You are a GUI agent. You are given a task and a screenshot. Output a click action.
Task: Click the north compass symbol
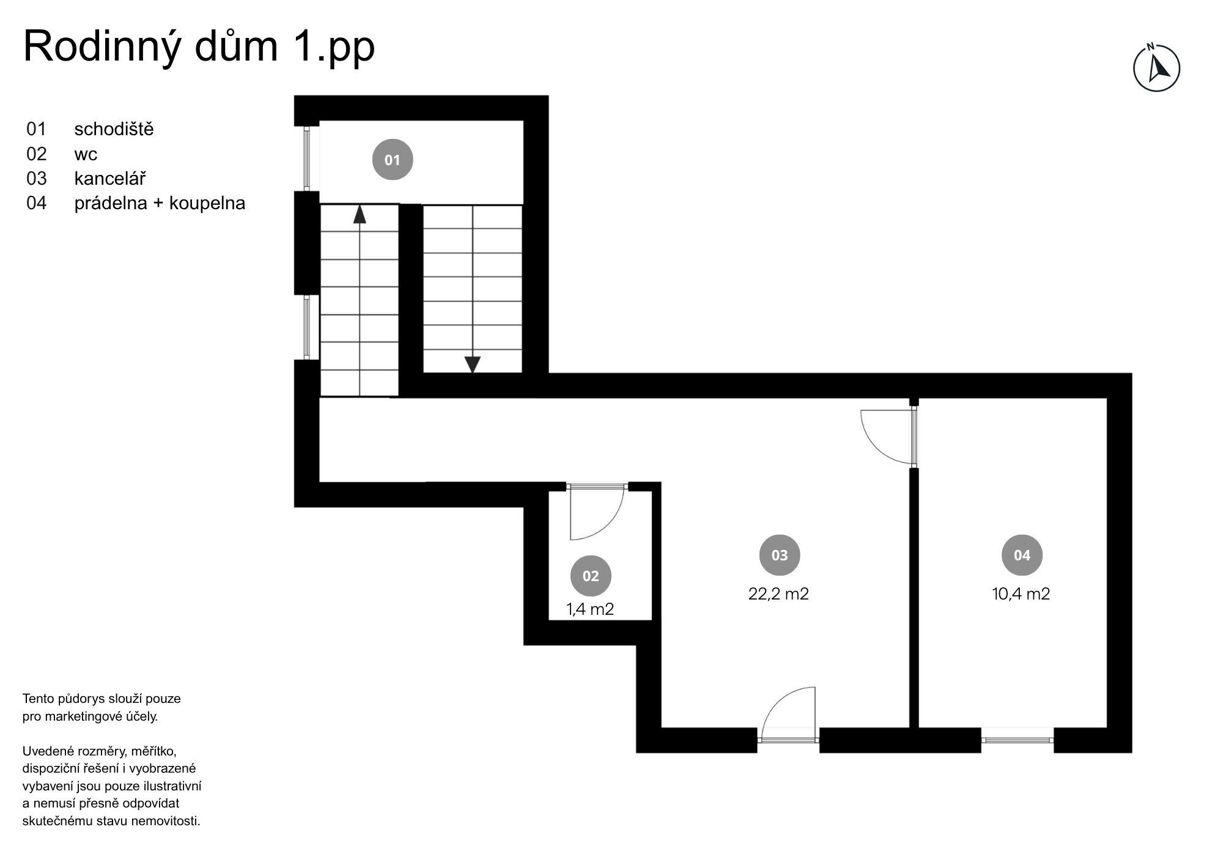tap(1156, 67)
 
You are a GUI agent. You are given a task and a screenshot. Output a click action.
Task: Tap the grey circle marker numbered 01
tap(393, 160)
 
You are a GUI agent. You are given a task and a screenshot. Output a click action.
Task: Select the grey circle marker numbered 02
tap(591, 576)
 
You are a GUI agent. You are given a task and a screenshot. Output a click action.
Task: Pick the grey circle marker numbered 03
tap(780, 555)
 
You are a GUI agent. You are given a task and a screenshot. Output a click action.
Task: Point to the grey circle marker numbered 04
tap(1022, 555)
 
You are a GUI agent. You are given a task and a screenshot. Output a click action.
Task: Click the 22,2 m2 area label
tap(778, 594)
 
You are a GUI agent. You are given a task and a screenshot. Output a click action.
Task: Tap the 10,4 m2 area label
tap(1021, 594)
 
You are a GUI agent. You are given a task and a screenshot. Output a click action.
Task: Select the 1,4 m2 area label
tap(590, 609)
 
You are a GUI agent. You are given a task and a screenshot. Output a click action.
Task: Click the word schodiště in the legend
tap(114, 129)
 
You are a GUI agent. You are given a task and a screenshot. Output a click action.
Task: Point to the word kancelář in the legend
tap(110, 178)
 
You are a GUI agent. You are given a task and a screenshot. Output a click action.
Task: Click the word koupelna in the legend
tap(207, 203)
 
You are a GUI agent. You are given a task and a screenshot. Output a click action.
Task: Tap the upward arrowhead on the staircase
tap(360, 215)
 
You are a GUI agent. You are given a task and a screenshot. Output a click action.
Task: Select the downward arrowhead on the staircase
tap(472, 365)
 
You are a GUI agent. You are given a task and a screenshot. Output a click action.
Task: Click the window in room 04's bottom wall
tap(1018, 740)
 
